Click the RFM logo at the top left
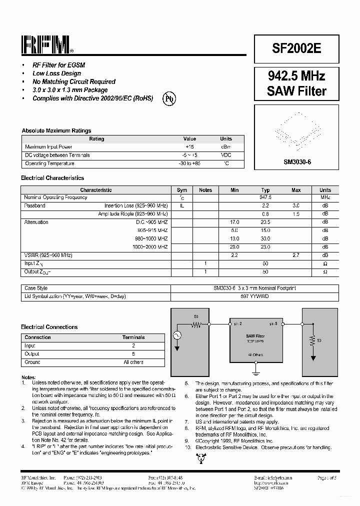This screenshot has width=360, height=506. pyautogui.click(x=46, y=45)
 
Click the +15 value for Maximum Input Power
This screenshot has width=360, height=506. pyautogui.click(x=189, y=147)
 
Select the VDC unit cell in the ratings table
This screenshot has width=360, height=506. pyautogui.click(x=226, y=155)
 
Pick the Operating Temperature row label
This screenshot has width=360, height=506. pyautogui.click(x=49, y=163)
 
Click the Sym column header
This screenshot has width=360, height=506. pyautogui.click(x=182, y=190)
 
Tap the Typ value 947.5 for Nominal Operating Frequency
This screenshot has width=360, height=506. pyautogui.click(x=265, y=197)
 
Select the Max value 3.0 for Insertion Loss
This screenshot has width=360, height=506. pyautogui.click(x=296, y=205)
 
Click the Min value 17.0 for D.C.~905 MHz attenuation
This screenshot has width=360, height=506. pyautogui.click(x=234, y=222)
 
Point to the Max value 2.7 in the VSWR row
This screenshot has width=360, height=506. pyautogui.click(x=296, y=255)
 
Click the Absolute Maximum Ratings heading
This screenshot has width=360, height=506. pyautogui.click(x=56, y=130)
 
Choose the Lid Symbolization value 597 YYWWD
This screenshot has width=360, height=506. pyautogui.click(x=254, y=296)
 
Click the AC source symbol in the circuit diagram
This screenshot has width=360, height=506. pyautogui.click(x=176, y=335)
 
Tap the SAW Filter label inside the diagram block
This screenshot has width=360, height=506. pyautogui.click(x=255, y=336)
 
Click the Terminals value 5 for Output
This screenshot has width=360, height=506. pyautogui.click(x=133, y=353)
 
